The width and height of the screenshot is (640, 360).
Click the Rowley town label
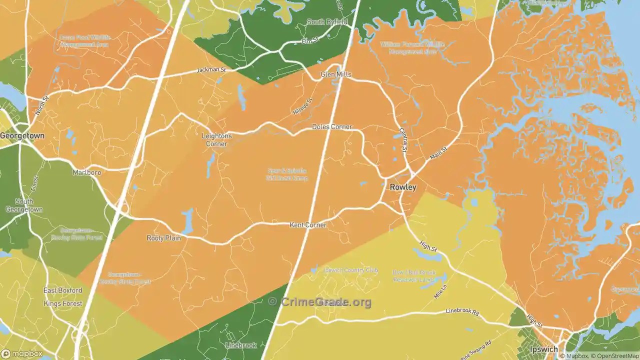point(402,187)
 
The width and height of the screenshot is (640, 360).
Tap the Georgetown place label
point(22,135)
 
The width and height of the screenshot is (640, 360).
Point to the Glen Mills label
point(336,74)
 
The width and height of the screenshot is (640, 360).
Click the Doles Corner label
point(332,127)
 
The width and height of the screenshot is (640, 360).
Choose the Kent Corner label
point(308,225)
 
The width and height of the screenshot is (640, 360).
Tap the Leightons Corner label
point(216,139)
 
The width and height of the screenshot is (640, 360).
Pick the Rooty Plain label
point(163,238)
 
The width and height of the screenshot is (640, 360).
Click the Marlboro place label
point(86,172)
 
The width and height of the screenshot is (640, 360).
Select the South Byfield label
point(327,22)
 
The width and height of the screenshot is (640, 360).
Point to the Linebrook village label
point(241,345)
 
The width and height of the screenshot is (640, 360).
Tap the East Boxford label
point(62,290)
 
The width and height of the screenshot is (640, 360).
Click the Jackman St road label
point(211,70)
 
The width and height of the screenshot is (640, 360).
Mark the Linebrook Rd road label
point(462,312)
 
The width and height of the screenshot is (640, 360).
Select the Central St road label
point(403,140)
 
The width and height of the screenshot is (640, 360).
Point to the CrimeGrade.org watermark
point(320,301)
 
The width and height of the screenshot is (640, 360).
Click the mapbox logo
point(22,353)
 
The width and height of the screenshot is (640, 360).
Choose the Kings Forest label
point(62,303)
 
